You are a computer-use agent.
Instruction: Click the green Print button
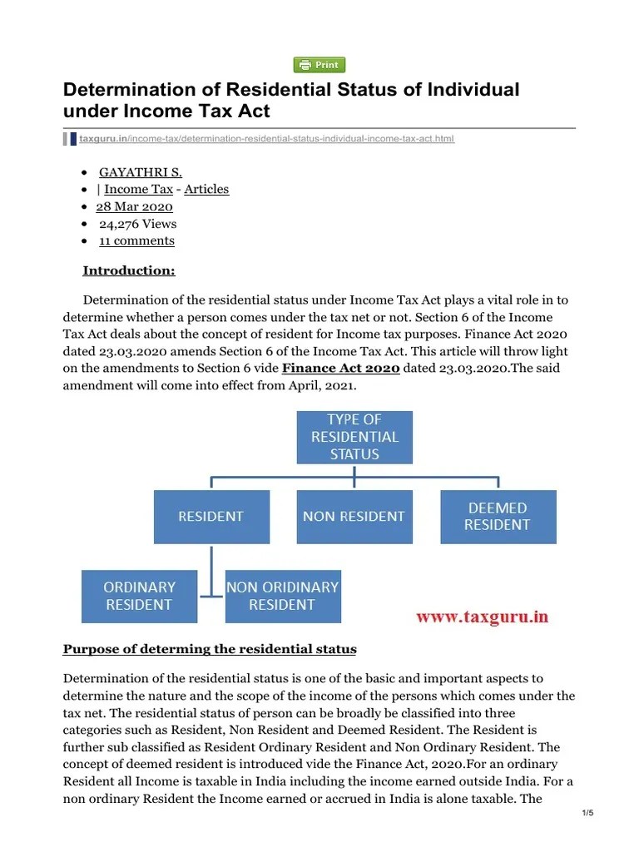tap(319, 65)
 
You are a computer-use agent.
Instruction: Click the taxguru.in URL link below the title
tap(266, 138)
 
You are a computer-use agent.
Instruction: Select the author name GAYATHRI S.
tap(141, 172)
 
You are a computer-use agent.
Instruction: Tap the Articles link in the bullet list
tap(206, 189)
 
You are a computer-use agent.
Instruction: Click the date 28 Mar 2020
tap(134, 206)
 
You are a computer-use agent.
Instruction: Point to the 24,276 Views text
tap(137, 224)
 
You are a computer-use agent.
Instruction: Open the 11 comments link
tap(136, 240)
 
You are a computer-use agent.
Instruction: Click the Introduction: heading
tap(129, 270)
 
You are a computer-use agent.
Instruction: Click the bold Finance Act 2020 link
tap(341, 369)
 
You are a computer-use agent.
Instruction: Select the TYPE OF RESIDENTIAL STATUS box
tap(354, 437)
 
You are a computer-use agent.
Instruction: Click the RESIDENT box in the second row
tap(211, 517)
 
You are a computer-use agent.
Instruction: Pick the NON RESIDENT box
tap(354, 517)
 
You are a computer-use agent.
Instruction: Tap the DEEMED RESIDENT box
tap(498, 517)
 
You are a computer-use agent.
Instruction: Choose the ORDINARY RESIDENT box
tap(139, 596)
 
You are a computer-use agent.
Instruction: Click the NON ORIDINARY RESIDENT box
tap(283, 596)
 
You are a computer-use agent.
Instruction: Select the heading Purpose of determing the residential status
tap(210, 649)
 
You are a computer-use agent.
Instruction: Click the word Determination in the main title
tap(131, 90)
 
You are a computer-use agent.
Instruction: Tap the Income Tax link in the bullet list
tap(138, 189)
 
